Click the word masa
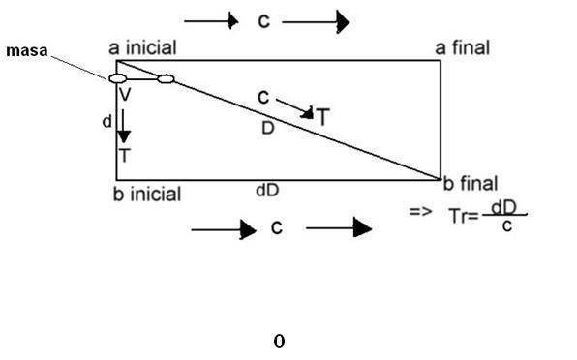coord(27,50)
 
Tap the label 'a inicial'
coord(142,47)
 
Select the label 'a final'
coord(463,47)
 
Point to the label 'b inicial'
coord(147,194)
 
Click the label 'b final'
coord(471,183)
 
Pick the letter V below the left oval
coord(125,94)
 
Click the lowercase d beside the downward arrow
coord(107,121)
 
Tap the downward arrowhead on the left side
coord(124,137)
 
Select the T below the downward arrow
coord(125,156)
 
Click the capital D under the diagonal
coord(268,128)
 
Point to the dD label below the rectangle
coord(267,190)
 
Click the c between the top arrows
coord(264,21)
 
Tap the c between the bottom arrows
coord(277,227)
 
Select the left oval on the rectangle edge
coord(118,78)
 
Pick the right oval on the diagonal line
coord(166,78)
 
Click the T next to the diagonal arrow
coord(322,117)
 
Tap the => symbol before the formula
coord(420,211)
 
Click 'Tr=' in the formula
coord(464,216)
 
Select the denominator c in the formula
coord(507,226)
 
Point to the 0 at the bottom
coord(279,342)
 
